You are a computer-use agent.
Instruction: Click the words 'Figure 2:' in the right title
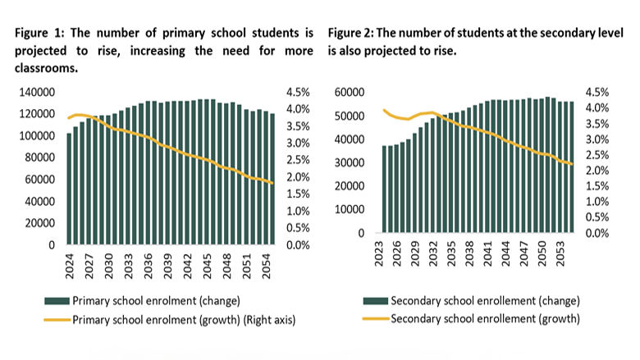[351, 33]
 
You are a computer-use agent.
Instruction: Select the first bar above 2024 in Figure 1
[69, 189]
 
